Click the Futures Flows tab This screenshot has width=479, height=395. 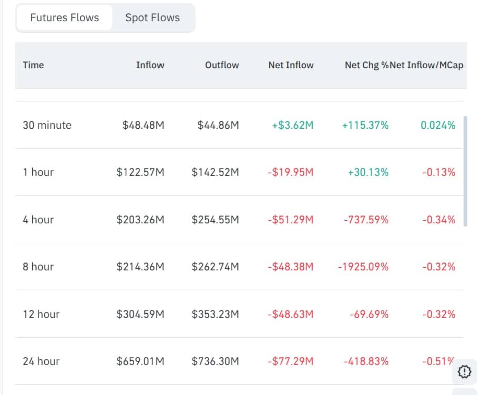[64, 18]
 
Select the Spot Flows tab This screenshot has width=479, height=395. [152, 18]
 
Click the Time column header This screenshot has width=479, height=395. [33, 65]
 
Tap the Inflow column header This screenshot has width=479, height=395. [150, 65]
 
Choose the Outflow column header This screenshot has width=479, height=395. [222, 65]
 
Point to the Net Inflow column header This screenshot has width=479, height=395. [291, 65]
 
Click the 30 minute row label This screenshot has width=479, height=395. [47, 125]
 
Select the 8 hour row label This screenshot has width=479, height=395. [38, 267]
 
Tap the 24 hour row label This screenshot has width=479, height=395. [41, 361]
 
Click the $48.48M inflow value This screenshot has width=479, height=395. [143, 125]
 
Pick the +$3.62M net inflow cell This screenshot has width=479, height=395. [292, 125]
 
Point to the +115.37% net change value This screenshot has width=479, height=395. [365, 125]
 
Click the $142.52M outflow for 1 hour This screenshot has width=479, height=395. [215, 172]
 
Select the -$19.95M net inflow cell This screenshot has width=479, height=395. [290, 172]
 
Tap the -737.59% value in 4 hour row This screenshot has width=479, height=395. [366, 220]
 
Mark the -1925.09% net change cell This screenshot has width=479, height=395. [363, 267]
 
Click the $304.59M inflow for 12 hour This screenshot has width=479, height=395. [140, 314]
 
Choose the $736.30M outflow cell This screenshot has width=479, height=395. [215, 361]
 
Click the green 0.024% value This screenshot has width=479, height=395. [438, 125]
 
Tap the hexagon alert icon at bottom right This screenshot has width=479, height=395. [465, 372]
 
